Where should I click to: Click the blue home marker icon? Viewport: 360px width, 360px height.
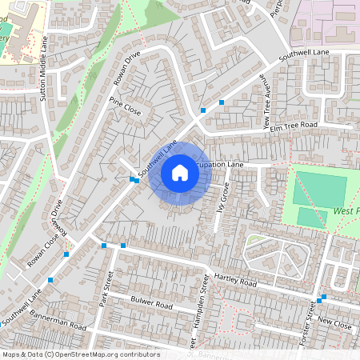[x=180, y=172]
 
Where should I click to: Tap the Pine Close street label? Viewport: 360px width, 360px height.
[x=125, y=106]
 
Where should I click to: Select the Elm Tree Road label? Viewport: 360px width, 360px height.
[x=294, y=126]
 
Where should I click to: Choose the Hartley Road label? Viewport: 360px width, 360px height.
[x=235, y=282]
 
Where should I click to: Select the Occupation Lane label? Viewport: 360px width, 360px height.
[x=218, y=164]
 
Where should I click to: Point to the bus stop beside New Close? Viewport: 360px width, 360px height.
[x=320, y=300]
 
